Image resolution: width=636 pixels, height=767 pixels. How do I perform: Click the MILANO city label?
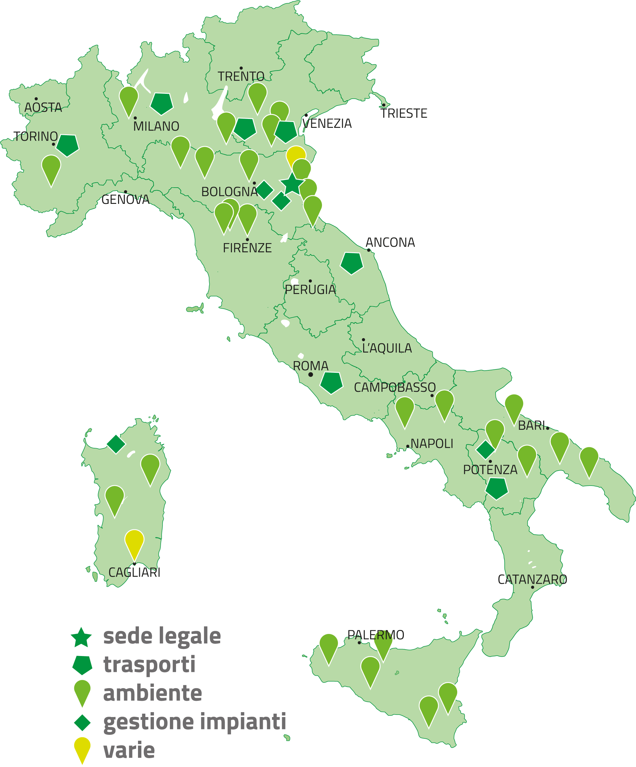[156, 126]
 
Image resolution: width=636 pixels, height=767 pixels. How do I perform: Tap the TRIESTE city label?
[404, 114]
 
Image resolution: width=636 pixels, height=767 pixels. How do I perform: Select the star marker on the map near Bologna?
[292, 184]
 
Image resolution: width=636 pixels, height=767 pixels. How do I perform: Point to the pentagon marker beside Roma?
[331, 382]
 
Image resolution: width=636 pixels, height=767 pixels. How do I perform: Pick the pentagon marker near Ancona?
[351, 263]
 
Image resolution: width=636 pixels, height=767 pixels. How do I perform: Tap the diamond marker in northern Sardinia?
[116, 444]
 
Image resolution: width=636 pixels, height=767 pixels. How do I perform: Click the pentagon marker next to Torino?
[67, 145]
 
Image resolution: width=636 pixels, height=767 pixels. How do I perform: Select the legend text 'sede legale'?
[162, 636]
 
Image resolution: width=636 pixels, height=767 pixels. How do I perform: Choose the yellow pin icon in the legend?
[82, 749]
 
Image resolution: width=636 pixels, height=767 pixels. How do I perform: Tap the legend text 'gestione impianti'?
[195, 722]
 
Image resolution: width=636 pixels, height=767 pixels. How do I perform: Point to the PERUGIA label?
[310, 290]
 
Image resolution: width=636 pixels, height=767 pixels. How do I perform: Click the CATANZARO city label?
[532, 580]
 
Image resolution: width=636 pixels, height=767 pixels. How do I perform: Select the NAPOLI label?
[432, 444]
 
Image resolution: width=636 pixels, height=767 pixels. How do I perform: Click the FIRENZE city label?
[247, 248]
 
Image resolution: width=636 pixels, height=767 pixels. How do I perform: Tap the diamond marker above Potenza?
[485, 450]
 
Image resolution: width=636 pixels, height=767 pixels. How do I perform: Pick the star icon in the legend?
[82, 637]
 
